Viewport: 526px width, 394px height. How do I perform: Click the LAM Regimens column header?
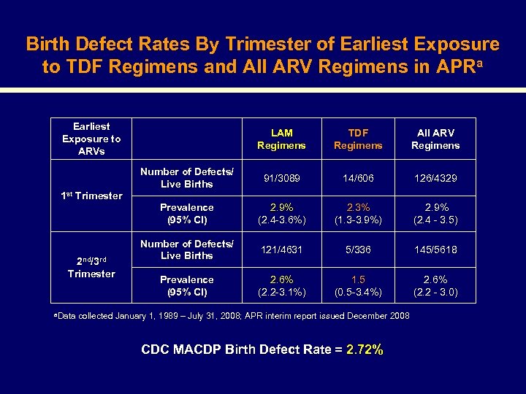[x=281, y=139]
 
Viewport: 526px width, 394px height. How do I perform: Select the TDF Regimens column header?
[x=358, y=139]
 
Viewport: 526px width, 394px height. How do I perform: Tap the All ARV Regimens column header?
[x=435, y=139]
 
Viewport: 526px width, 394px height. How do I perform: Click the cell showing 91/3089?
[x=281, y=178]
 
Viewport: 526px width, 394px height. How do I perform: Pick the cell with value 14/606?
[x=358, y=178]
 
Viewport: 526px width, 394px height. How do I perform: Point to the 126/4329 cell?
[x=435, y=178]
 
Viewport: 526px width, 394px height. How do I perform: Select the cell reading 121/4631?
[x=281, y=250]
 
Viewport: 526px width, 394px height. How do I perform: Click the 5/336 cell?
[x=358, y=250]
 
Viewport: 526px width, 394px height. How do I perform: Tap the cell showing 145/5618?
[x=435, y=250]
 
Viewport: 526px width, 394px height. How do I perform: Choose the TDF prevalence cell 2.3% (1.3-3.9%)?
[x=358, y=214]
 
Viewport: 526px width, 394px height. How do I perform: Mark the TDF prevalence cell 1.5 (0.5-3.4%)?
[x=358, y=286]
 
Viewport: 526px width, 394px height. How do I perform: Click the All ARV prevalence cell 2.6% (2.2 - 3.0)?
[x=435, y=286]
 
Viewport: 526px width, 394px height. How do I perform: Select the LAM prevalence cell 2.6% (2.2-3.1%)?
[x=281, y=286]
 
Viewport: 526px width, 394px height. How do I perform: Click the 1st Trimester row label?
[x=91, y=196]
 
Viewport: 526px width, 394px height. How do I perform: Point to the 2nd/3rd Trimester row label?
[x=91, y=267]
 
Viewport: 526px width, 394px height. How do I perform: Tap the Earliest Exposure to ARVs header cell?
[x=91, y=139]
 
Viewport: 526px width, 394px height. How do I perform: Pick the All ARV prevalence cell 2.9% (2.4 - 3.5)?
[x=435, y=214]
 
